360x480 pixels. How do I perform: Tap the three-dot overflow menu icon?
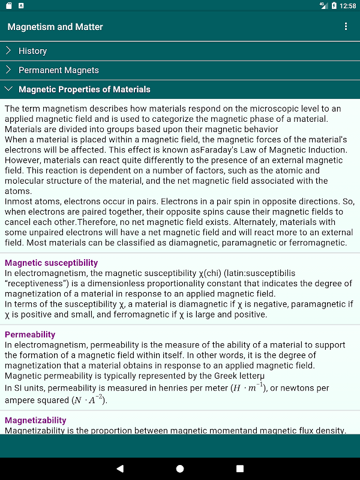tap(346, 26)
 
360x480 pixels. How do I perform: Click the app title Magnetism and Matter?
tap(55, 26)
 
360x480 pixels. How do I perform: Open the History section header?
tap(32, 51)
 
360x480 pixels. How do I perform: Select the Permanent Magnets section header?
tap(59, 70)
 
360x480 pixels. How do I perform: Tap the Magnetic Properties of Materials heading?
tap(85, 89)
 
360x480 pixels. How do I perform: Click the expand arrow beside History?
tap(8, 51)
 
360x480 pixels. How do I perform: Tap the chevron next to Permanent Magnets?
tap(8, 70)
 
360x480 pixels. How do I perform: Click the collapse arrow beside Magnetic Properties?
tap(8, 89)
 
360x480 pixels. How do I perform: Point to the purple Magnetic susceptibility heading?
tap(51, 263)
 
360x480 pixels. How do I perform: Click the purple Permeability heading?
tap(30, 334)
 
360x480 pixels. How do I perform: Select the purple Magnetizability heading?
tap(35, 420)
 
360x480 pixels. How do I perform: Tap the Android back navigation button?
tap(120, 468)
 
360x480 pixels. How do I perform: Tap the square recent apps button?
tap(240, 468)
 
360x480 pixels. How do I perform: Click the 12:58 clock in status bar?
tap(347, 6)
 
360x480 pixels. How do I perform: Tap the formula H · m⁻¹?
tap(247, 388)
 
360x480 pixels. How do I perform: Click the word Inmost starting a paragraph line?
tap(19, 201)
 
